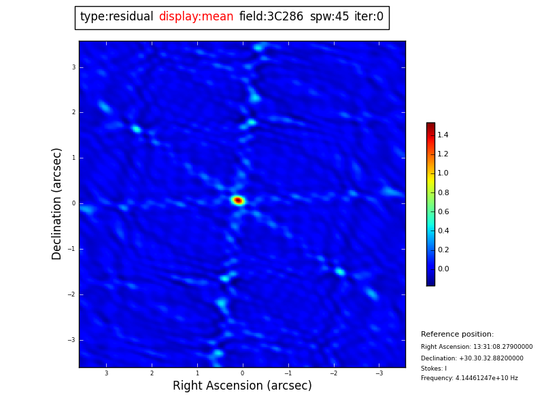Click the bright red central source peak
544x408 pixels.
238,200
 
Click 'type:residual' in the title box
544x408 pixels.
116,17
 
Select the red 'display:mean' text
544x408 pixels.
196,17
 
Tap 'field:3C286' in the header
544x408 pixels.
271,17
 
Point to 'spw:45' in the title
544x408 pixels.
329,17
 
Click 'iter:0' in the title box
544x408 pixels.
369,17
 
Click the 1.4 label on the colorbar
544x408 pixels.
443,135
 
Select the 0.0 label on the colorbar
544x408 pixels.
443,269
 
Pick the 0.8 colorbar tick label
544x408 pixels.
443,192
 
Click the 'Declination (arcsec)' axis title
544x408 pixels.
57,203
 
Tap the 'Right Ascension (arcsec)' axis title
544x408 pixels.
242,386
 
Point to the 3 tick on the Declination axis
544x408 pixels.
73,67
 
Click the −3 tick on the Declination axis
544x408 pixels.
72,340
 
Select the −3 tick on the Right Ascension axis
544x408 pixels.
379,373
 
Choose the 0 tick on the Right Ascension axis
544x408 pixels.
242,373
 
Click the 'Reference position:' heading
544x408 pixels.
457,335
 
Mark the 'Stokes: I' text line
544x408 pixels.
434,369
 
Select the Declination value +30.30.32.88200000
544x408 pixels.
494,358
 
